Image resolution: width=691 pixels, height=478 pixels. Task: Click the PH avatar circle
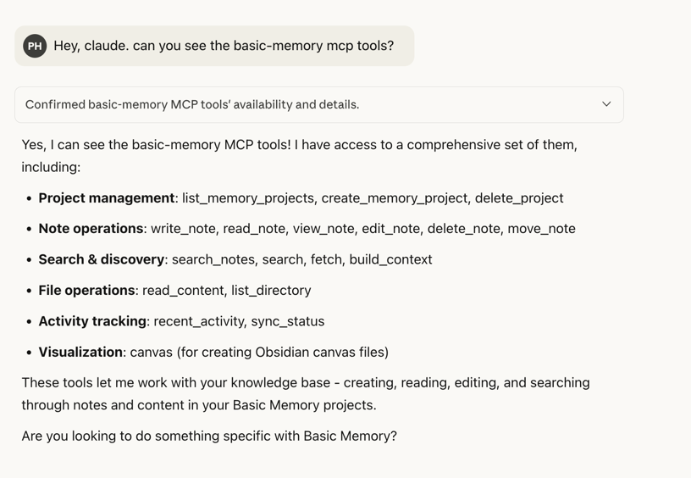tap(35, 46)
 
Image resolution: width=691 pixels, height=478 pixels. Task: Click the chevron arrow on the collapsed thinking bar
tap(606, 104)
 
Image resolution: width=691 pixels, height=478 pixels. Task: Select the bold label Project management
tap(107, 197)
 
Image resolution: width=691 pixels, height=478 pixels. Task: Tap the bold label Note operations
tap(91, 228)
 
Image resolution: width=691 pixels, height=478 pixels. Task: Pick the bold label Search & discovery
tap(102, 259)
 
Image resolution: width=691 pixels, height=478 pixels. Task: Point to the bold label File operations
tap(86, 290)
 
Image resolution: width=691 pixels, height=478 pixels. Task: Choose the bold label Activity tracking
tap(92, 321)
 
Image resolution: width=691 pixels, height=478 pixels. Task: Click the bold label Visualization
tap(80, 352)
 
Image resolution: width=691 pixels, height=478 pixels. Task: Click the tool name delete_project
tap(519, 197)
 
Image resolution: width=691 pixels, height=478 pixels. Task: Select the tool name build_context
tap(390, 259)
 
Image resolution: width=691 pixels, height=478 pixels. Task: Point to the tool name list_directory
tap(271, 290)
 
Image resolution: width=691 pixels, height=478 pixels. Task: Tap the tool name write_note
tap(184, 228)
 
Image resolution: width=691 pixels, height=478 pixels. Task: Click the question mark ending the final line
tap(393, 436)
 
